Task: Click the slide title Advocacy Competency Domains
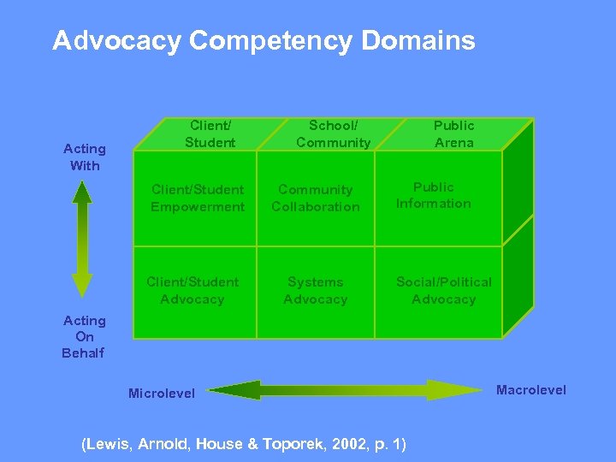click(264, 41)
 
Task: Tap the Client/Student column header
click(210, 133)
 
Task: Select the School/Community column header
click(333, 133)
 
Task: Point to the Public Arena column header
click(453, 133)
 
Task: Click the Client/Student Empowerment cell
click(198, 198)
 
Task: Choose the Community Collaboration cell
click(316, 198)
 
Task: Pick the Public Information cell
click(433, 195)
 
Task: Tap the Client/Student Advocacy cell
click(192, 291)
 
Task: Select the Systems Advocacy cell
click(316, 291)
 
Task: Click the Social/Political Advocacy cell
click(443, 291)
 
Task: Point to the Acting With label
click(85, 157)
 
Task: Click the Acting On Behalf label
click(84, 336)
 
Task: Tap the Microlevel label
click(161, 394)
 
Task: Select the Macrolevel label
click(531, 390)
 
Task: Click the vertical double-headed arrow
click(82, 239)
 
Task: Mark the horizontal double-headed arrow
click(346, 390)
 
